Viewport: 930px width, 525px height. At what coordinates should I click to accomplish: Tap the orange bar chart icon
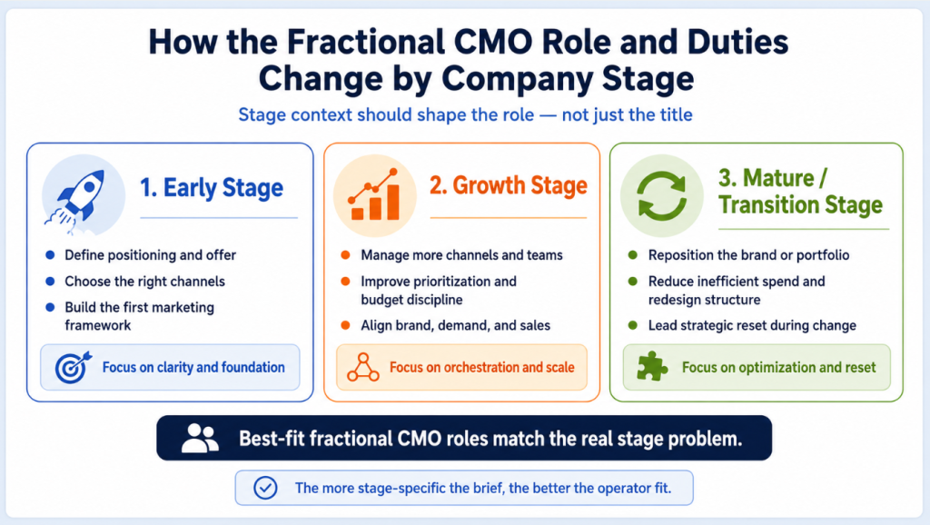click(x=374, y=194)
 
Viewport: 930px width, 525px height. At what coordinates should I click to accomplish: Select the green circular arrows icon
click(x=661, y=196)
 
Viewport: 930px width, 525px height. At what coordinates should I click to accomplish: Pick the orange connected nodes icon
click(x=363, y=367)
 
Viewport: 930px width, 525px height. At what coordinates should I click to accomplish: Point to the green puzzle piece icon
click(x=652, y=367)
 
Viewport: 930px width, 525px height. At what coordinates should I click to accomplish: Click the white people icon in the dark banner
click(x=200, y=439)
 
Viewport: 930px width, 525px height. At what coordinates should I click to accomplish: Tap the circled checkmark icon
click(x=265, y=488)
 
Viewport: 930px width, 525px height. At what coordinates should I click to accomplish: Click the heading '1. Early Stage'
click(x=212, y=187)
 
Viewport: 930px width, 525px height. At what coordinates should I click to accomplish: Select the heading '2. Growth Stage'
click(x=509, y=185)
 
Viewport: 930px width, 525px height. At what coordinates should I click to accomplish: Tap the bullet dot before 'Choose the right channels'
click(x=51, y=282)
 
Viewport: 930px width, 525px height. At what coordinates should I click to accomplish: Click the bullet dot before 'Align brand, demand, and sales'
click(x=345, y=325)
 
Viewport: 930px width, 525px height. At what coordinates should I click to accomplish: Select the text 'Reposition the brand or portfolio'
click(x=748, y=255)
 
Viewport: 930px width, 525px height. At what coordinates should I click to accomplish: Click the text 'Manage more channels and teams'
click(x=461, y=255)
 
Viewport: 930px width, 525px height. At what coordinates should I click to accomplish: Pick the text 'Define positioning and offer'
click(x=150, y=255)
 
